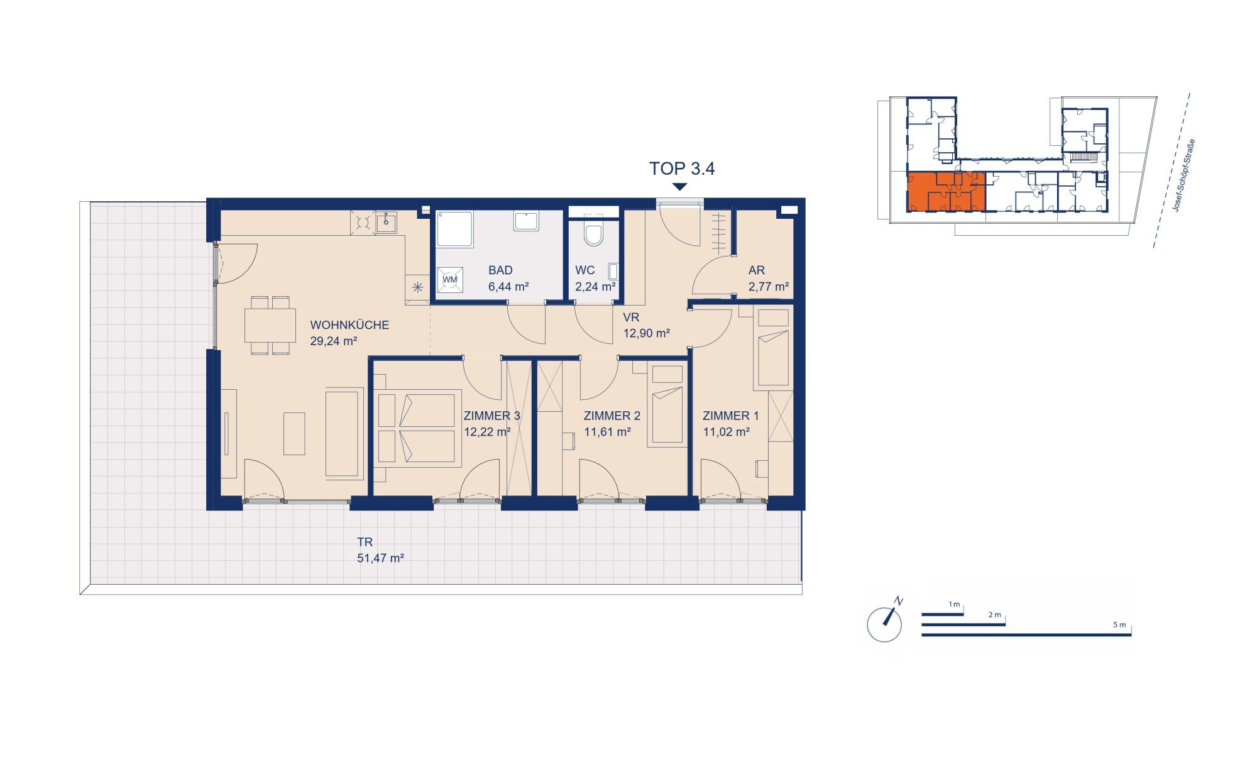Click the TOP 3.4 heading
tap(682, 169)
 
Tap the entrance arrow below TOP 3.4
tap(680, 187)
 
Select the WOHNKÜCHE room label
tap(349, 325)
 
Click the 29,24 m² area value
tap(334, 341)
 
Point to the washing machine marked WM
tap(450, 279)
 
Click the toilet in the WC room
tap(593, 232)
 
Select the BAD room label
tap(500, 270)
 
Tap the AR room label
tap(756, 270)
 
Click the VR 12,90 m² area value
tap(646, 333)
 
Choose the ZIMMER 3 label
tap(491, 416)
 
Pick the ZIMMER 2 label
tap(612, 416)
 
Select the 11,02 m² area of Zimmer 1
tap(726, 432)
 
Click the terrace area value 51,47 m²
tap(380, 558)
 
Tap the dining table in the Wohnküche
tap(270, 326)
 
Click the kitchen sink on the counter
tap(386, 222)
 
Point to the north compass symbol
tap(885, 621)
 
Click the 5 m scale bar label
tap(1119, 625)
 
